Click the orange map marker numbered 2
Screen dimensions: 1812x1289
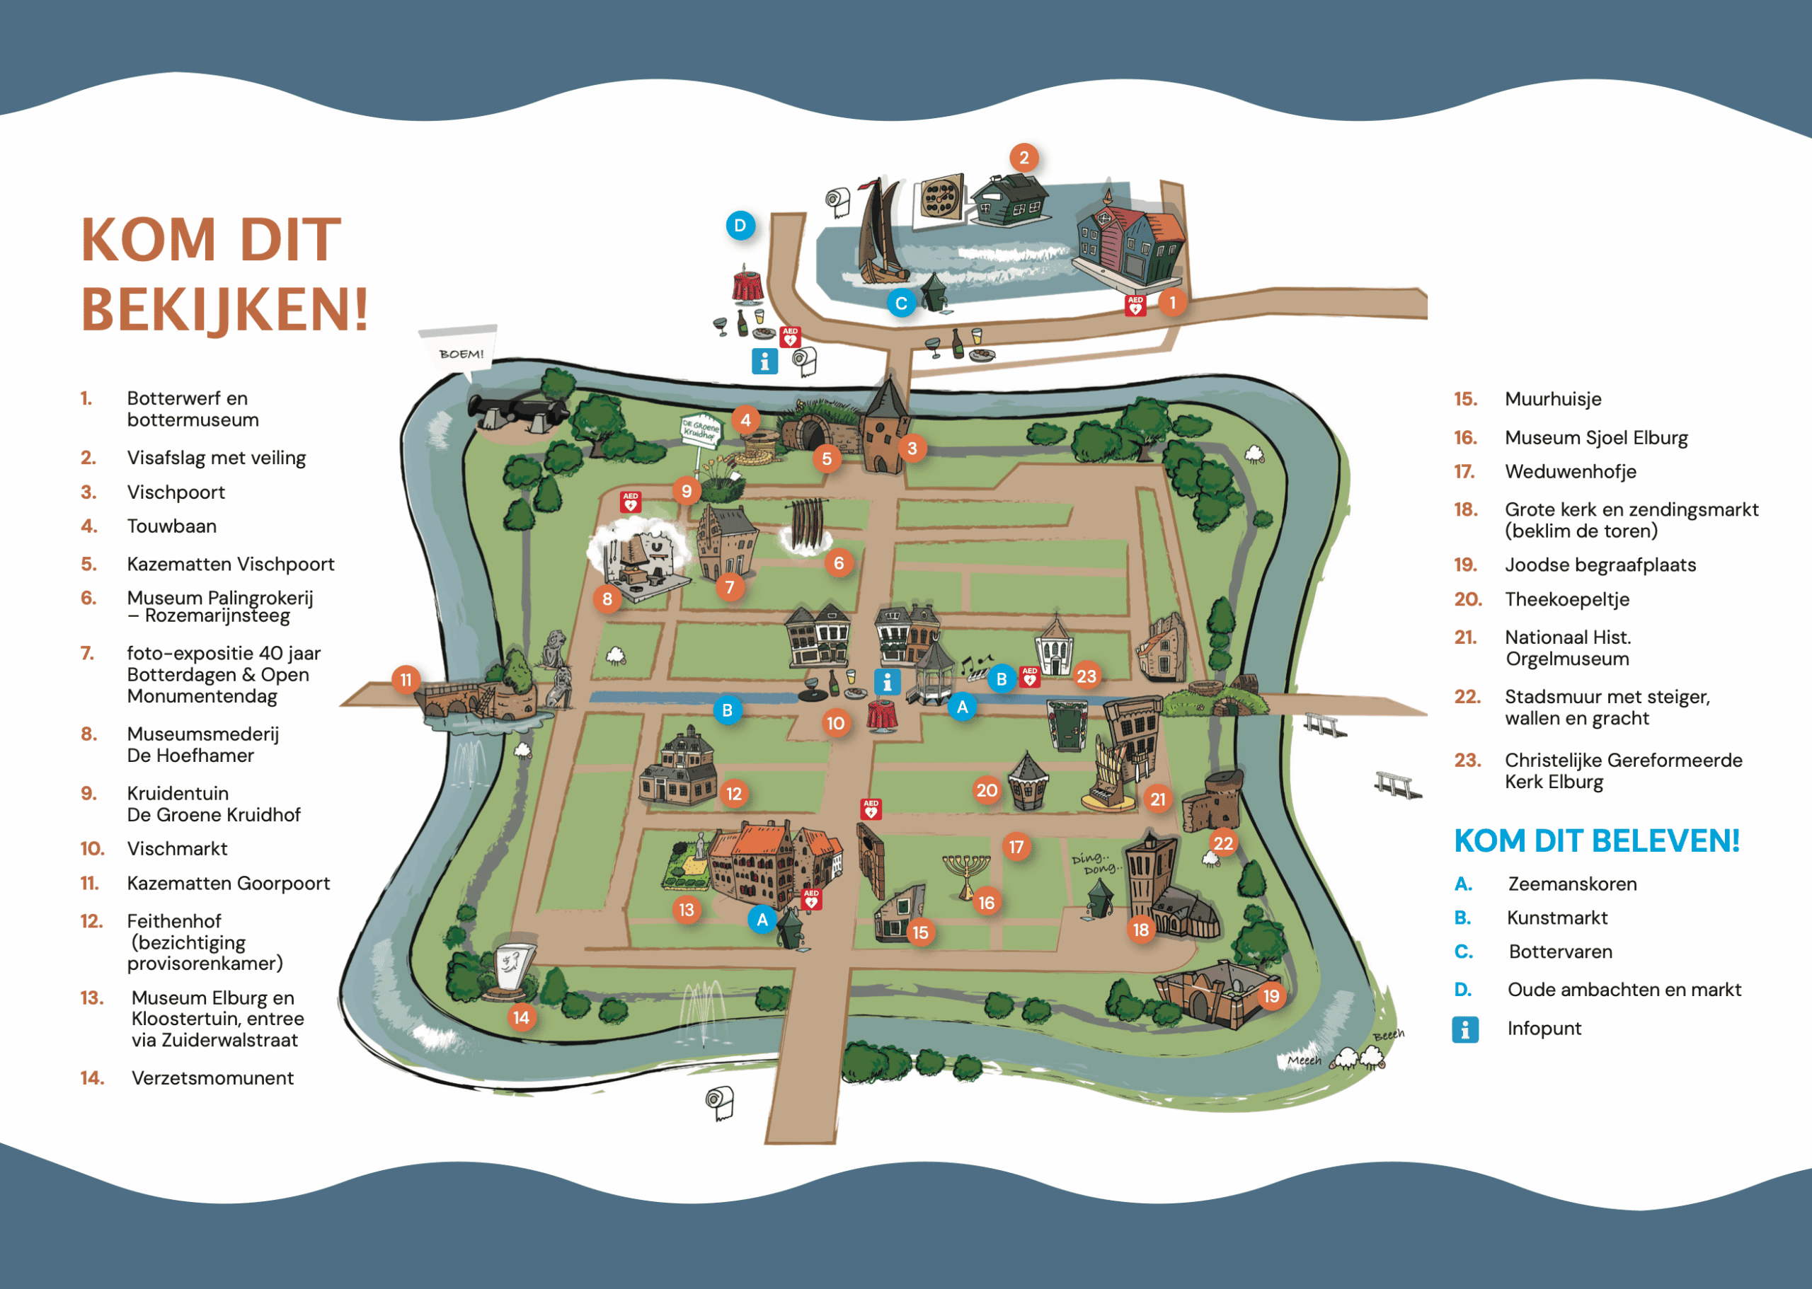point(1023,158)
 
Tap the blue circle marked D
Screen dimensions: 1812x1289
point(740,226)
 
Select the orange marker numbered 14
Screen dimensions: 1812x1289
point(521,1017)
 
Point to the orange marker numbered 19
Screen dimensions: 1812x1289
point(1271,995)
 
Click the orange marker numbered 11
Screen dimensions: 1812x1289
point(406,679)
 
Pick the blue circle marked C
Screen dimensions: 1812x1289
point(901,304)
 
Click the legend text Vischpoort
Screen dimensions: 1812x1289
point(176,492)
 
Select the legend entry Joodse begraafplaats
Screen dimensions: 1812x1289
point(1600,565)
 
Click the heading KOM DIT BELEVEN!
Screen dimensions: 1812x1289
point(1596,840)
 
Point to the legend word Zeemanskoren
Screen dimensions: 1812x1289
point(1572,884)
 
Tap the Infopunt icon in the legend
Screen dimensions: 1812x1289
point(1465,1029)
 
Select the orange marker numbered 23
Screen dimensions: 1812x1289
point(1086,676)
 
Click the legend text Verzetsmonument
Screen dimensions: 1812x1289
point(212,1078)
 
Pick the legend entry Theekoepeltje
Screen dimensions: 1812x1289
point(1566,599)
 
